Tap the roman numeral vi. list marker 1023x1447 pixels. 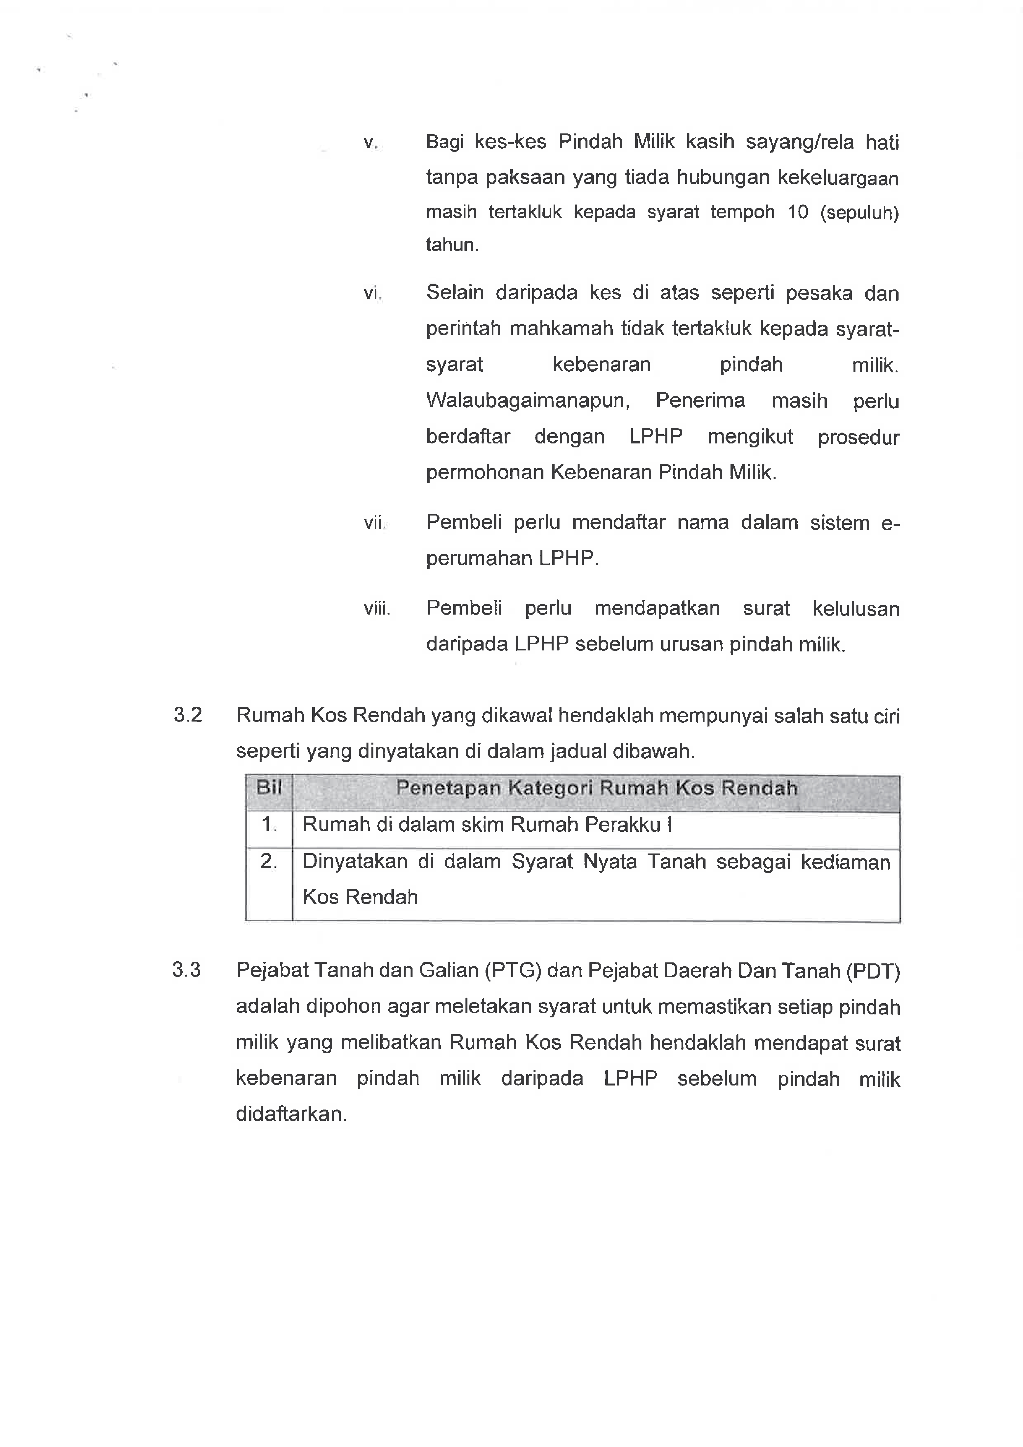(372, 293)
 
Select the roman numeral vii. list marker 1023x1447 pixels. (374, 522)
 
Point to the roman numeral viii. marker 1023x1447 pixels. (377, 609)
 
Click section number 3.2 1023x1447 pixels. (188, 715)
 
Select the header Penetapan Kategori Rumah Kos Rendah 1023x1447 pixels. (597, 788)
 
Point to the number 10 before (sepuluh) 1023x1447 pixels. (798, 212)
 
